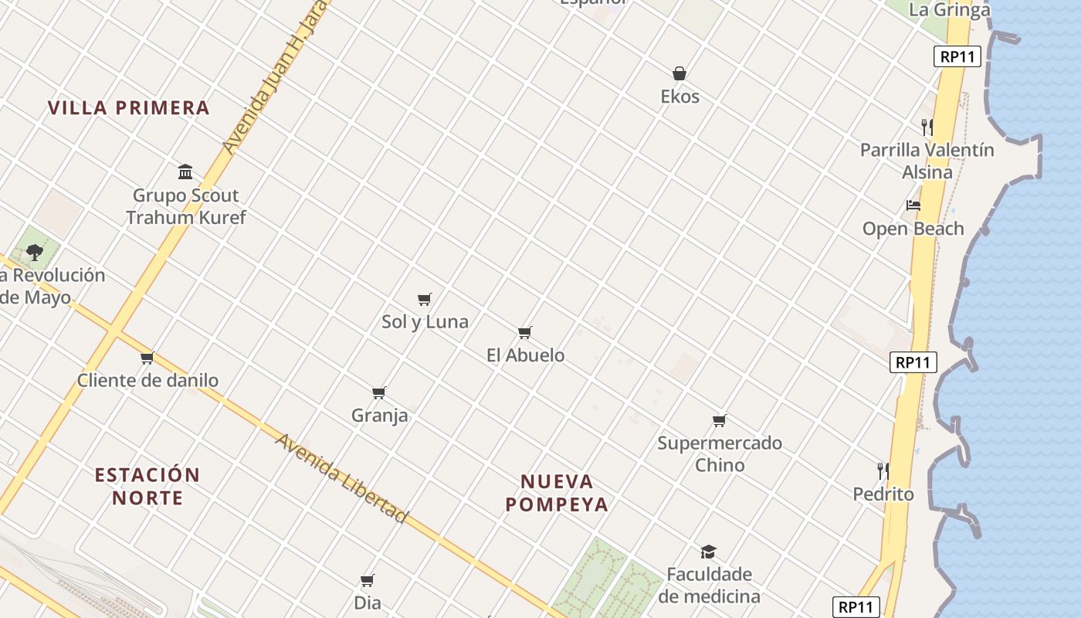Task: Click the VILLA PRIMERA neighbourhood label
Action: pos(129,107)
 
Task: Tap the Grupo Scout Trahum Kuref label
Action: pos(185,206)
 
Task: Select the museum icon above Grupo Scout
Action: pos(185,171)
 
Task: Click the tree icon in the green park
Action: pos(34,251)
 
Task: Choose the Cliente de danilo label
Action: pos(147,380)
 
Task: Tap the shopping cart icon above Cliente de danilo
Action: pos(147,358)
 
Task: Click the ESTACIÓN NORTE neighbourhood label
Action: pos(147,486)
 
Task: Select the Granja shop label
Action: pos(379,416)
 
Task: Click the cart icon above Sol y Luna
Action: pos(424,299)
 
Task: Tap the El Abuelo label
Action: pos(525,355)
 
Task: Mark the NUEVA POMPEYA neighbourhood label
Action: pos(557,493)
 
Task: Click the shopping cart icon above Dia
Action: pos(368,580)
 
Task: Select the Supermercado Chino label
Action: pos(720,453)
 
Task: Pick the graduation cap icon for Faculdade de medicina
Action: pos(708,552)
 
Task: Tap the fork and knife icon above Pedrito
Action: pos(883,470)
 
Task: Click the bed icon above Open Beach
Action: pos(913,205)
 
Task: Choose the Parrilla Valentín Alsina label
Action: pos(927,161)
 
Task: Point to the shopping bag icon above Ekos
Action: pos(679,74)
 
